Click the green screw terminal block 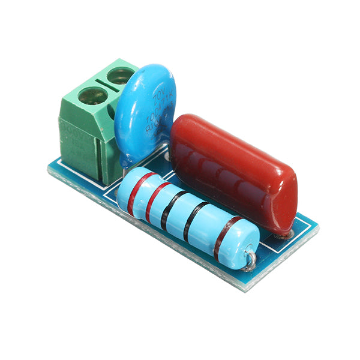[90, 120]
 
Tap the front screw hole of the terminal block [92, 95]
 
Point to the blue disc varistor [144, 114]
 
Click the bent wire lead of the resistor [251, 259]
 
